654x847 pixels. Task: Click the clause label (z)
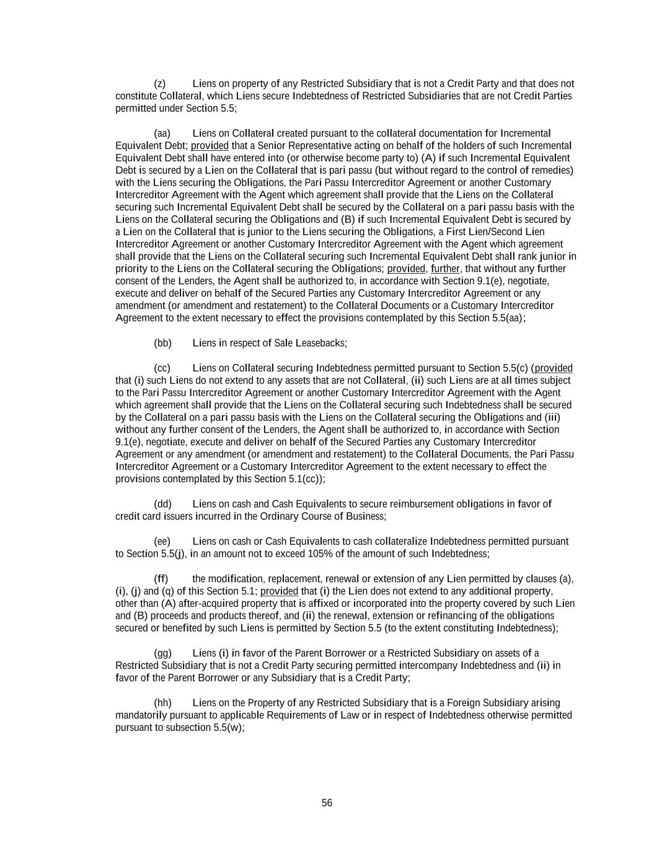point(159,84)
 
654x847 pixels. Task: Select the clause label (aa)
point(162,133)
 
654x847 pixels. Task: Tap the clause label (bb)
point(162,343)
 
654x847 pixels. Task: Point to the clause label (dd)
point(162,504)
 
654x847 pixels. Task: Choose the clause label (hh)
point(162,703)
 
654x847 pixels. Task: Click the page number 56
point(327,803)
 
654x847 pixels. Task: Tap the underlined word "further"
point(445,269)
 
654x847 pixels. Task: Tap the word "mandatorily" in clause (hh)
point(140,715)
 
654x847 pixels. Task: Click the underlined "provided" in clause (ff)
point(279,591)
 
